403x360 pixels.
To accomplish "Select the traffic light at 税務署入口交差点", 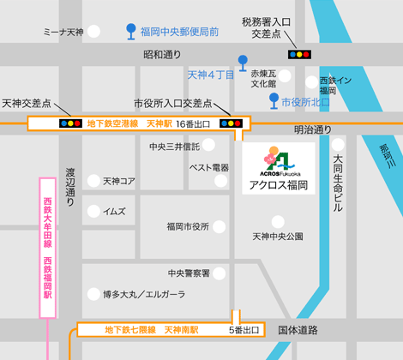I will (x=299, y=54).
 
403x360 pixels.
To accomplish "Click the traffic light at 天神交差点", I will (x=69, y=123).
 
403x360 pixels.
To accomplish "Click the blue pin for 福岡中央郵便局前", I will (x=130, y=32).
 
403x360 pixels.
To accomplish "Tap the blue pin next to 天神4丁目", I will (x=244, y=63).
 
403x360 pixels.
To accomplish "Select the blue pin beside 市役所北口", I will (x=274, y=101).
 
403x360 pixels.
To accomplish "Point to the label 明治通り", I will (x=312, y=129).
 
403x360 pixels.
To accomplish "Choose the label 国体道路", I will (x=298, y=330).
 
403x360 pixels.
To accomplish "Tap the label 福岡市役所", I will (x=189, y=226).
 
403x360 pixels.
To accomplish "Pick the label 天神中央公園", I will (x=277, y=236).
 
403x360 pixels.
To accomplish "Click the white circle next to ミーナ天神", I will (x=94, y=32).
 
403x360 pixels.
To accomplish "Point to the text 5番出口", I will (x=244, y=330).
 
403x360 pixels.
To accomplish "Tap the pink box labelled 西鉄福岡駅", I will (x=48, y=249).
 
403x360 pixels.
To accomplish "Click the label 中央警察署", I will (x=189, y=273).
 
